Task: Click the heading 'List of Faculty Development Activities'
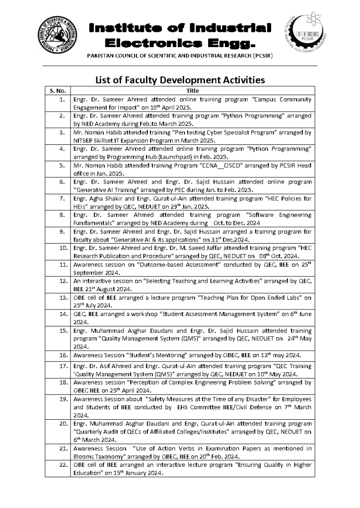point(180,79)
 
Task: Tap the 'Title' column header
point(192,91)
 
